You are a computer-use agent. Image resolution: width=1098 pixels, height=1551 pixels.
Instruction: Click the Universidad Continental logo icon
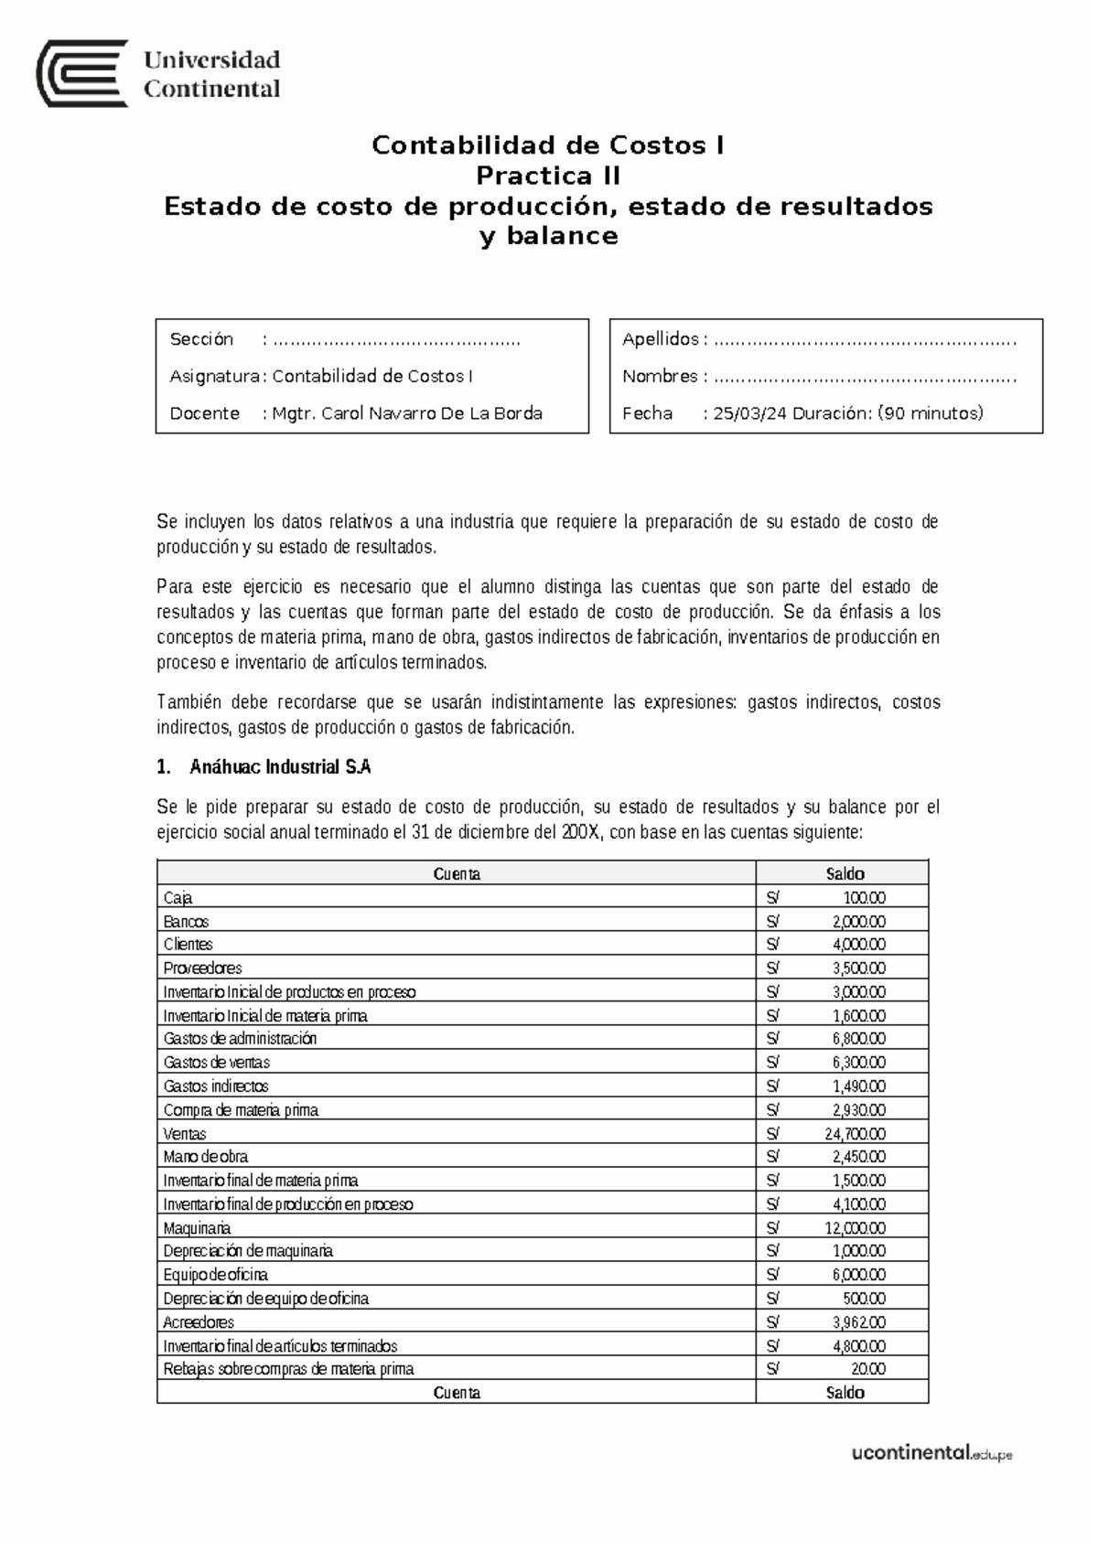pos(81,74)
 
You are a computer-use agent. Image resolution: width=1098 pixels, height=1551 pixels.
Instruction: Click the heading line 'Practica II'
pos(548,175)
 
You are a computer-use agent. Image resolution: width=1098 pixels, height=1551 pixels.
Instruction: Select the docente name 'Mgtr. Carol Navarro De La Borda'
pos(407,413)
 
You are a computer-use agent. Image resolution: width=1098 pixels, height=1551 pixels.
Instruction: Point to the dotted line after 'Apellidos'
pos(865,340)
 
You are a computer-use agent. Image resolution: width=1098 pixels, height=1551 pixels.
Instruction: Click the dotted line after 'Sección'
pos(396,340)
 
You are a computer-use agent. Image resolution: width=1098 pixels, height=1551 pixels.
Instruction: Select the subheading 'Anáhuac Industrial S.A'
pos(280,767)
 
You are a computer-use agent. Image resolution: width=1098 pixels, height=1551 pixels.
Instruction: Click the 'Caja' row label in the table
pos(178,898)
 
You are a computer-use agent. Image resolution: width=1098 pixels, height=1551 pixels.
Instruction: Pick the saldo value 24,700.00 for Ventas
pos(855,1134)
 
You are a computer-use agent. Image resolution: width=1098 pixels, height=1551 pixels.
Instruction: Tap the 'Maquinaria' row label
pos(197,1228)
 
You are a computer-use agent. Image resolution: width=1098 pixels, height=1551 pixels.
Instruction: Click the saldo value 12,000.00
pos(855,1228)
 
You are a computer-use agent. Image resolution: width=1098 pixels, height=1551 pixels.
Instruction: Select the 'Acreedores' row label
pos(199,1322)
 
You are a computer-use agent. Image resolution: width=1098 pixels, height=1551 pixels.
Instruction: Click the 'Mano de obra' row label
pos(205,1157)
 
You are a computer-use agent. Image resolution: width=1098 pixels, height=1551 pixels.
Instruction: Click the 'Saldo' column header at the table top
pos(845,873)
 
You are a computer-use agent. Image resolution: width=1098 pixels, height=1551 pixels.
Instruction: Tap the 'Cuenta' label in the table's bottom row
pos(457,1393)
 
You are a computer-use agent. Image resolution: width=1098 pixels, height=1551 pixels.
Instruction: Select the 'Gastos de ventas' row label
pos(216,1063)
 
